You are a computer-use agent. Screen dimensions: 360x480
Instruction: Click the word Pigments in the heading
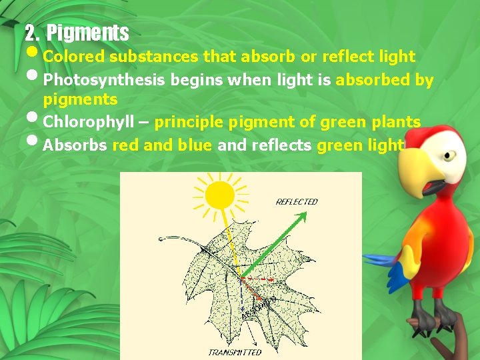point(88,32)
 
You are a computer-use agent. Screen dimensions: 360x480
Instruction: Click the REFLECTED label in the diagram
point(297,201)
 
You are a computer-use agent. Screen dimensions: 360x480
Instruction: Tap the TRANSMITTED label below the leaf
point(235,352)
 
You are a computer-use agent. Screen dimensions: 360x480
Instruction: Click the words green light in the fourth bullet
point(361,145)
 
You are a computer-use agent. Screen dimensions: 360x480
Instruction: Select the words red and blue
point(163,145)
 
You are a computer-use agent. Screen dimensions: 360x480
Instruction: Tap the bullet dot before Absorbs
point(34,141)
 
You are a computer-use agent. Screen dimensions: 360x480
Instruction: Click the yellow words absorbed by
point(385,81)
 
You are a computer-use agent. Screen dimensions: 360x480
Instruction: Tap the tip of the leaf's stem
point(159,238)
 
